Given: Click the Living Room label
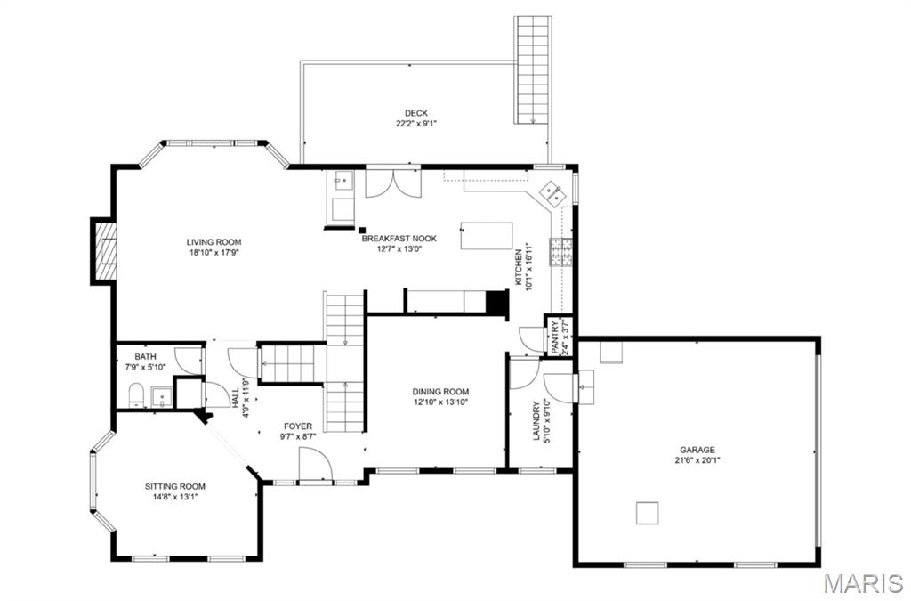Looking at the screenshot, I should tap(214, 241).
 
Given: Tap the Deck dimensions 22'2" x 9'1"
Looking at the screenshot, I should tap(416, 124).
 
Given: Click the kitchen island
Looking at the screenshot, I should tap(487, 236).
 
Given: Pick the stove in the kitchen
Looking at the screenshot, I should tap(561, 253).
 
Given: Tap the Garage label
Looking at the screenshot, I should tap(697, 450).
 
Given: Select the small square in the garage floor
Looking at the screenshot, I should tap(648, 513).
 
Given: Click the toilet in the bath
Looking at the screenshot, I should tap(136, 394).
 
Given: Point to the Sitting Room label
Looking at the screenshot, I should tap(175, 486).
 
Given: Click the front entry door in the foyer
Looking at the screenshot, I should tap(315, 466).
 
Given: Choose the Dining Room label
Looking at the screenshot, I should tap(439, 392).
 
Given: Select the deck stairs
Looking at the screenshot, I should tap(532, 69).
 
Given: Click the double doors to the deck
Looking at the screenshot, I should tap(391, 183).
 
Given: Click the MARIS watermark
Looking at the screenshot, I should tap(862, 583).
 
